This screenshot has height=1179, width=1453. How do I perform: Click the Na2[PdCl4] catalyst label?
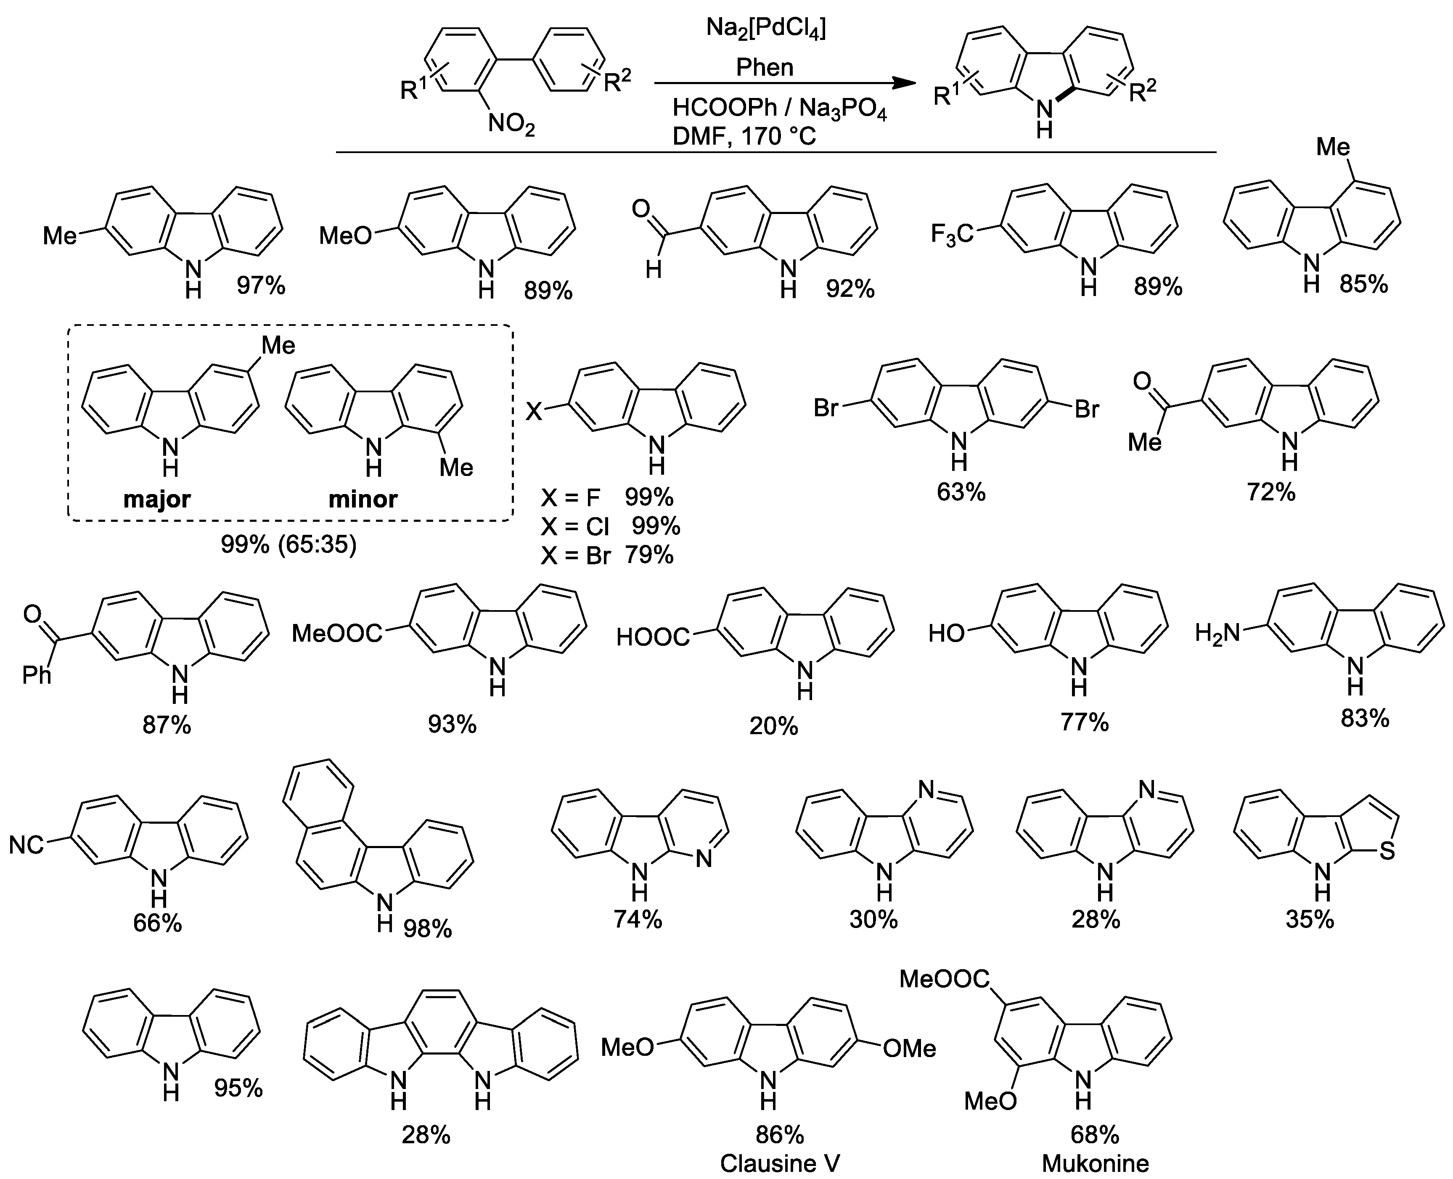pyautogui.click(x=765, y=29)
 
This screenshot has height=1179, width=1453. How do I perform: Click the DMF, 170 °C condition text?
pyautogui.click(x=744, y=137)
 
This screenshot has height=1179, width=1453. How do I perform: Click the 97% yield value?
pyautogui.click(x=261, y=286)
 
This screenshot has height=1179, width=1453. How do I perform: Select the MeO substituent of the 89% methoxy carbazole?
pyautogui.click(x=346, y=235)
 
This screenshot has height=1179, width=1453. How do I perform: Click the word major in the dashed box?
pyautogui.click(x=157, y=499)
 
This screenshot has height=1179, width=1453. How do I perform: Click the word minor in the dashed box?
pyautogui.click(x=363, y=499)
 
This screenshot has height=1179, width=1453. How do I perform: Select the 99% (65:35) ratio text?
pyautogui.click(x=288, y=544)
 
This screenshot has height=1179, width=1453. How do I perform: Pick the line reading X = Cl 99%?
pyautogui.click(x=610, y=526)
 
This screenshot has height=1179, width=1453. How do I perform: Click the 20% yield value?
pyautogui.click(x=774, y=727)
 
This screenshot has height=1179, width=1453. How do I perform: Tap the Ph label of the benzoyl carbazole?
pyautogui.click(x=37, y=675)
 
